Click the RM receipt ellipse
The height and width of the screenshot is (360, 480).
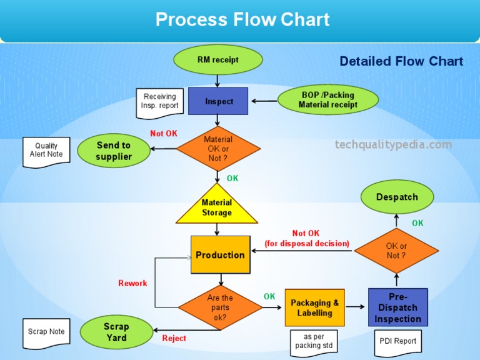217,60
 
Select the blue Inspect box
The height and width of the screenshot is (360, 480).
218,101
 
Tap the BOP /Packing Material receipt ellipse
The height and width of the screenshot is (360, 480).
327,100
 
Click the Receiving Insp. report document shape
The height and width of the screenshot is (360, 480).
160,102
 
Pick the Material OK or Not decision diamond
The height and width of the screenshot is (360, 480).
218,149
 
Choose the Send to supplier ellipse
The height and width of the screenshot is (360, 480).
114,151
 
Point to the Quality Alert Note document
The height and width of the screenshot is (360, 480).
46,151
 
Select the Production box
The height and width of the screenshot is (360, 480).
220,255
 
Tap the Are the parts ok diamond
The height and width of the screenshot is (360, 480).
220,307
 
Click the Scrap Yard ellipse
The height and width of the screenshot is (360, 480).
116,332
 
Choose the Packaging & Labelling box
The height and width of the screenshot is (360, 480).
314,307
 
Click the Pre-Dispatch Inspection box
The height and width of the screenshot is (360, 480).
397,308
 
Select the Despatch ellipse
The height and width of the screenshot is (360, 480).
397,197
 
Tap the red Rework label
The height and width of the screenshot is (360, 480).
132,283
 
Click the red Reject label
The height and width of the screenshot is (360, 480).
174,338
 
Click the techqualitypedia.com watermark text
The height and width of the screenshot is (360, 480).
393,145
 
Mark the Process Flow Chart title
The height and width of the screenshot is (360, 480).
242,19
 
